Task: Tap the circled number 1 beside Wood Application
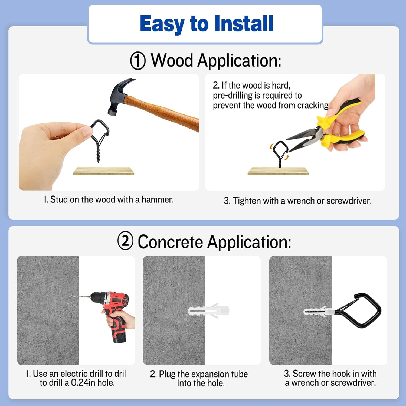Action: coord(138,61)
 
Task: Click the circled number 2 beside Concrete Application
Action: coord(125,240)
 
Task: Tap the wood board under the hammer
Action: coord(103,171)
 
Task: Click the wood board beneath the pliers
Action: coord(278,171)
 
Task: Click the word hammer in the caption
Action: coord(158,199)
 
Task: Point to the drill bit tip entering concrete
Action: coord(70,296)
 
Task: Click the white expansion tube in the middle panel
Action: coord(208,310)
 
